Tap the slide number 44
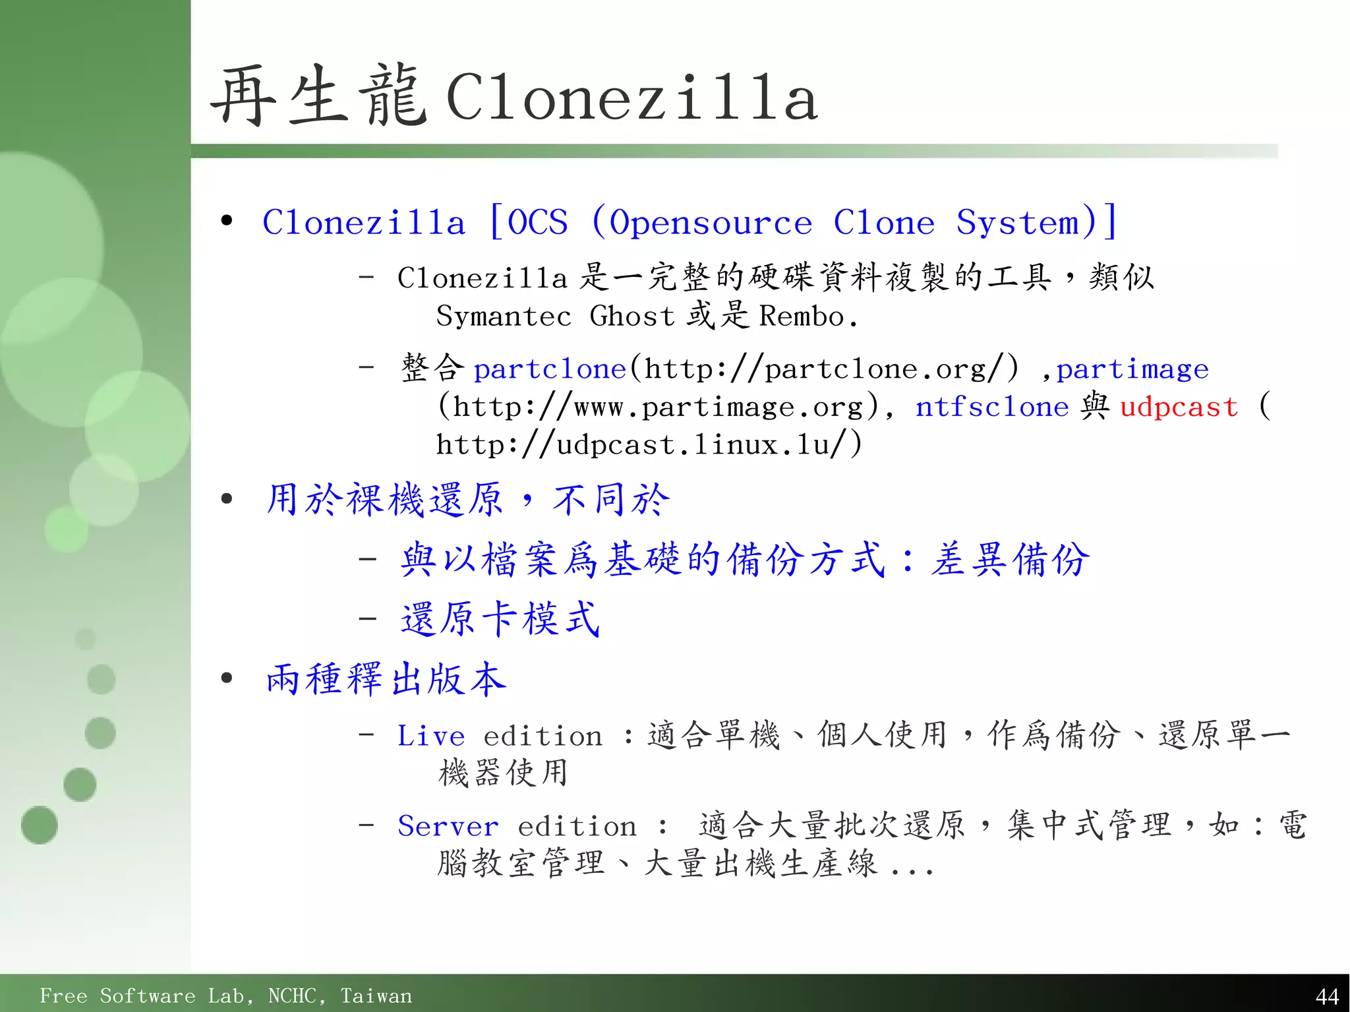pyautogui.click(x=1326, y=996)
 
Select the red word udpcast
pyautogui.click(x=1179, y=407)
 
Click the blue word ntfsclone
pyautogui.click(x=991, y=407)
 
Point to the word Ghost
pyautogui.click(x=631, y=316)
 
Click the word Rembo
pyautogui.click(x=802, y=316)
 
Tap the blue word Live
pyautogui.click(x=430, y=736)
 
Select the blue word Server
pyautogui.click(x=448, y=826)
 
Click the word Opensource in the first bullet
pyautogui.click(x=710, y=223)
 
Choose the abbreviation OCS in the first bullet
pyautogui.click(x=537, y=223)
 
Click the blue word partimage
pyautogui.click(x=1132, y=369)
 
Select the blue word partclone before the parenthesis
pyautogui.click(x=549, y=369)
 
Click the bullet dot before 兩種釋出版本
pyautogui.click(x=227, y=678)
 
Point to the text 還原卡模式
pyautogui.click(x=500, y=619)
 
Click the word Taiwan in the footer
pyautogui.click(x=376, y=996)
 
